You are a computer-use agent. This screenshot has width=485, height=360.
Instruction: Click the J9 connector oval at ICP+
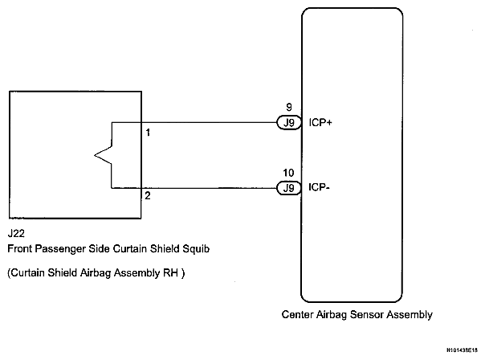pos(288,123)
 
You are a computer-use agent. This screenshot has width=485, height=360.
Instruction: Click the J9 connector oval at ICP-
pos(288,188)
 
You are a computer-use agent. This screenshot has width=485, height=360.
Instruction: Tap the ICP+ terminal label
pos(320,123)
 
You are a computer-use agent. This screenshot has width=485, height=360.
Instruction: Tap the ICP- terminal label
pos(319,187)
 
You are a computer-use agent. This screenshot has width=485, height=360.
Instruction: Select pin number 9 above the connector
pos(289,107)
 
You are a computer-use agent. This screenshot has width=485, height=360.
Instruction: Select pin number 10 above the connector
pos(288,173)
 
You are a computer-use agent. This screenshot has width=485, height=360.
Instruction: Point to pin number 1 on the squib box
pos(148,133)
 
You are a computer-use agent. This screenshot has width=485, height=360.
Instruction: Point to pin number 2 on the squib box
pos(148,195)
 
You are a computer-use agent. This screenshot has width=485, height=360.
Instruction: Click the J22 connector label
pos(16,233)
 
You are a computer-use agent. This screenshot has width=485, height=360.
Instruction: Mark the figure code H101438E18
pos(462,350)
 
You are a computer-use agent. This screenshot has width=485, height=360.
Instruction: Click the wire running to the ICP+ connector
pos(194,123)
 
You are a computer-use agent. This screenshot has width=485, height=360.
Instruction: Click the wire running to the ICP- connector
pos(194,188)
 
